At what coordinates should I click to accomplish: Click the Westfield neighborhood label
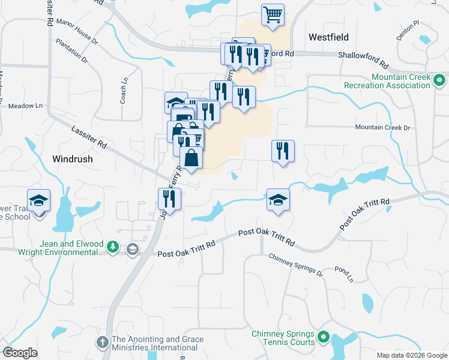coord(328,37)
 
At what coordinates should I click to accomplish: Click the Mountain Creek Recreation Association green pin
coord(439,79)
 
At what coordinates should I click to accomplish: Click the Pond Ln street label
coord(344,274)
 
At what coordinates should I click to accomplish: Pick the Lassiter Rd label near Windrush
coord(88,136)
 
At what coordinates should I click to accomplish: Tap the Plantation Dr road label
coord(71,52)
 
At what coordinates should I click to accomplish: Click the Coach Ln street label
coord(124,89)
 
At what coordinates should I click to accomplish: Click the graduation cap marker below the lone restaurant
coord(278,200)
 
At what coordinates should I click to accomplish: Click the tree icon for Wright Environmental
coord(112,247)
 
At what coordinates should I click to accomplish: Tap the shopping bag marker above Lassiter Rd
coord(191,159)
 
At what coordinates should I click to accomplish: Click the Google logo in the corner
coord(20,353)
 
